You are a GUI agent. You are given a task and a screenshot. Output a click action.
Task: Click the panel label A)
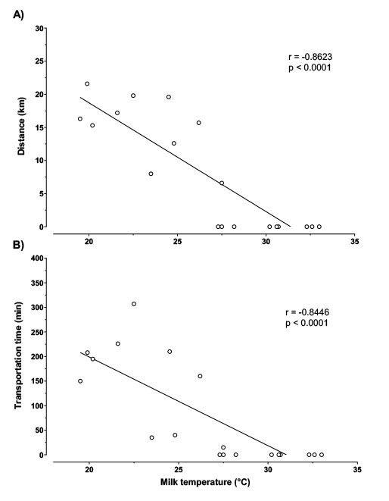pos(18,14)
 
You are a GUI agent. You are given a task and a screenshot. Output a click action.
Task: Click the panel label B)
pos(18,245)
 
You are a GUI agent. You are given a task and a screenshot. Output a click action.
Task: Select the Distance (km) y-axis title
pos(21,127)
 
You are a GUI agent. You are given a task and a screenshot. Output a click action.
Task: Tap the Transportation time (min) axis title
pos(18,355)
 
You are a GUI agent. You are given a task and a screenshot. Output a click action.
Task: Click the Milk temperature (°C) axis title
pos(205,482)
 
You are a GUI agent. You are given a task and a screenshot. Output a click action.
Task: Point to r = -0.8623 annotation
pos(310,57)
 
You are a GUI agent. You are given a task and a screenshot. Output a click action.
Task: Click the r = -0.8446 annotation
pos(307,312)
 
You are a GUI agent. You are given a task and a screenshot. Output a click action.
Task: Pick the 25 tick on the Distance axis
pos(39,61)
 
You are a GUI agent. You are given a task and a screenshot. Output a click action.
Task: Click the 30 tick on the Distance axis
pos(39,29)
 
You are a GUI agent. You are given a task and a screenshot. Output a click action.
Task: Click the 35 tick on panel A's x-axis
pos(354,242)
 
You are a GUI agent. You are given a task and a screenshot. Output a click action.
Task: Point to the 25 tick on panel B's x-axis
pos(179,469)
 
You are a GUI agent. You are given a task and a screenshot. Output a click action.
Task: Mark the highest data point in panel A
pos(87,83)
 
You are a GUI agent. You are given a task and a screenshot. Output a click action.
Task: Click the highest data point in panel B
pos(134,304)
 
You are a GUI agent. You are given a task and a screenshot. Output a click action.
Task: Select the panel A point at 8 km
pos(151,174)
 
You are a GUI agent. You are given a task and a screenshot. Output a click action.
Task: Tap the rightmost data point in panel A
pos(319,227)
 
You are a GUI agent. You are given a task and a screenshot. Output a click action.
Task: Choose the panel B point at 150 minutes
pos(80,381)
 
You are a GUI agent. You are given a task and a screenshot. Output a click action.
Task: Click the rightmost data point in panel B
pos(322,455)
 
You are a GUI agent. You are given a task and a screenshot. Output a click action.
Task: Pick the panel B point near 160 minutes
pos(200,377)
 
